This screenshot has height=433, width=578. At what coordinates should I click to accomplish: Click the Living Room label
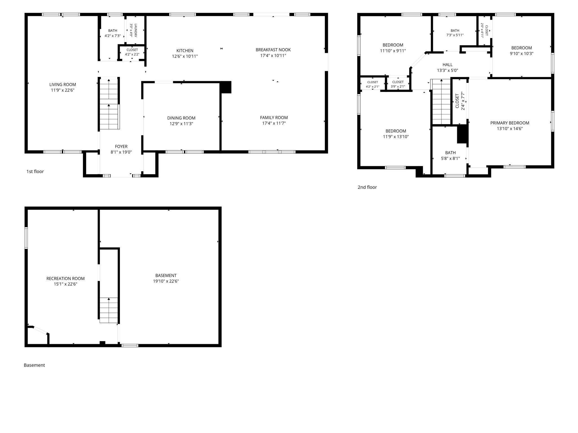63,85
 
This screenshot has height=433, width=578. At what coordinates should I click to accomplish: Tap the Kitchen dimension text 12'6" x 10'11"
185,56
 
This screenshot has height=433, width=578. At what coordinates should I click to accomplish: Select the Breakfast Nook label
273,50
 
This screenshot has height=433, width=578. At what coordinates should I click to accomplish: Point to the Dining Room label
181,118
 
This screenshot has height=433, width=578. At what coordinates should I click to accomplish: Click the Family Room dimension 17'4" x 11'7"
274,123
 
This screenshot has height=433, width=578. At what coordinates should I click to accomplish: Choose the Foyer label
121,147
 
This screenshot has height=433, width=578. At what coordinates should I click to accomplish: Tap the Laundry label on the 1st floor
136,30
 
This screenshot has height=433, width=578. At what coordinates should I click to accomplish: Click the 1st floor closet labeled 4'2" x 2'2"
132,52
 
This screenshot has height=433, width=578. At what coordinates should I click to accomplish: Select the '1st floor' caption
35,171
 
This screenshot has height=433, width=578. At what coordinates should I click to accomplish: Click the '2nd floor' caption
367,187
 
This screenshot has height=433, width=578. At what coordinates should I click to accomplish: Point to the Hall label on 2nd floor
448,65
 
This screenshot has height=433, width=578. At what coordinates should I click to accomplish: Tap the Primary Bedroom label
510,123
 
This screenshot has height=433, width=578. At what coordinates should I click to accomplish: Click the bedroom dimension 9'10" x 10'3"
522,54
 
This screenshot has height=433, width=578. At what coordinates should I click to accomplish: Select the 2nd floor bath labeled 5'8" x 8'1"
450,156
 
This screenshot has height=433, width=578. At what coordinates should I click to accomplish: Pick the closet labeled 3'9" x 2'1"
398,84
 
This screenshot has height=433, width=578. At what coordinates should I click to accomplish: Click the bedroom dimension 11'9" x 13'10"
396,137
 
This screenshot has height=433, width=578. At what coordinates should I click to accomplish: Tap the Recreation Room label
65,279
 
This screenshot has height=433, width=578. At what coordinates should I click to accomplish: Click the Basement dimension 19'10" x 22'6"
166,281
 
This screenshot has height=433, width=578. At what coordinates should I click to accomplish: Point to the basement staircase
109,310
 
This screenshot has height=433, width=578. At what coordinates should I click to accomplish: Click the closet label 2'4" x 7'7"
463,101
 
